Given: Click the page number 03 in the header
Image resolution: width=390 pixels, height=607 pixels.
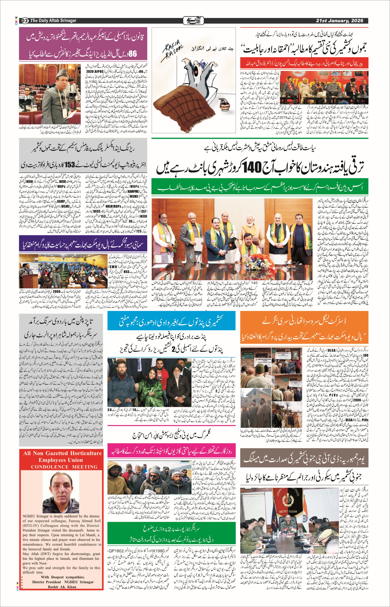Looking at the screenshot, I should pos(24,20).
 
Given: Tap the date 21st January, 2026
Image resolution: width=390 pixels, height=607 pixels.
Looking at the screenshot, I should pos(339,20).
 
